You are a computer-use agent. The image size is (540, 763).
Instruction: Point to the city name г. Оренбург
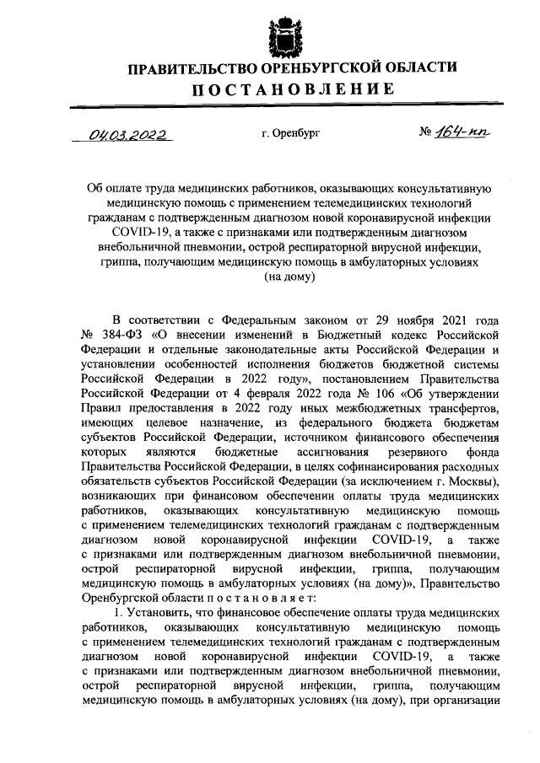[x=292, y=133]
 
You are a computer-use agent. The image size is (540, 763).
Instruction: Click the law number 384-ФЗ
[x=115, y=334]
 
